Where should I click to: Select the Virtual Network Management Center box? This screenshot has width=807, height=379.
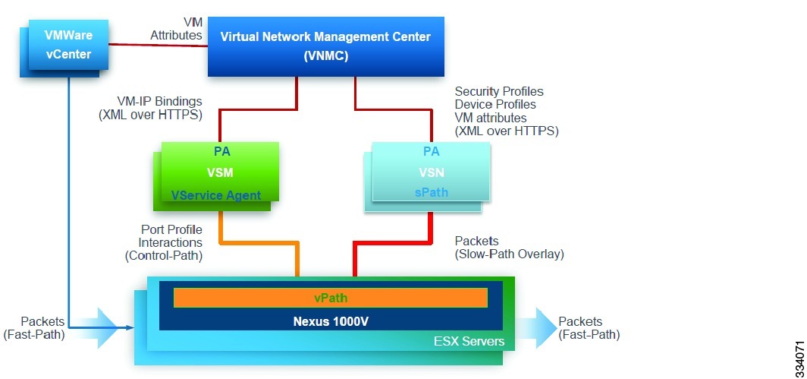(x=325, y=46)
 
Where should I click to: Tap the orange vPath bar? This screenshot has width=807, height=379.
(x=330, y=298)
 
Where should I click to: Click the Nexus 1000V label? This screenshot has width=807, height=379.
(x=330, y=321)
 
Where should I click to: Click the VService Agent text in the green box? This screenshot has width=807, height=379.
(x=216, y=195)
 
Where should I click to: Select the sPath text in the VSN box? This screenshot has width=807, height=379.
(x=431, y=193)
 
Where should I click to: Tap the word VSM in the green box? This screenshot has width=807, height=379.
(x=216, y=173)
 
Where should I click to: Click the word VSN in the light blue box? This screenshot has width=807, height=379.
(x=431, y=172)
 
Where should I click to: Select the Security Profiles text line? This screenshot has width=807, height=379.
(x=498, y=91)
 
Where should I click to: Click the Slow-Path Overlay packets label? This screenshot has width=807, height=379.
(x=508, y=248)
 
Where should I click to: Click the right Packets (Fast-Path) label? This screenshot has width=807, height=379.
(x=589, y=327)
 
